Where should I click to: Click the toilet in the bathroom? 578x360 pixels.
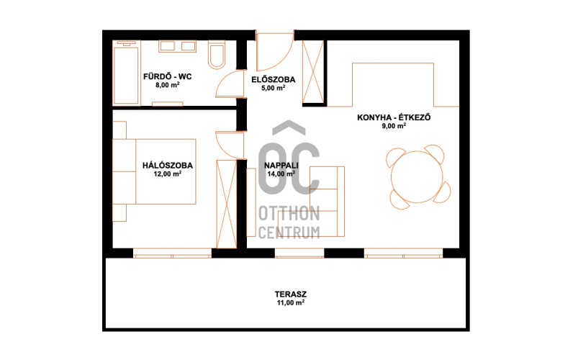click(x=217, y=55)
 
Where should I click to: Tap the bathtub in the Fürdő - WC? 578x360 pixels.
click(x=126, y=73)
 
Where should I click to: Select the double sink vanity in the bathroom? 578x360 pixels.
click(x=177, y=46)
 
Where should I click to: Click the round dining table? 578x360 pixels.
click(x=417, y=176)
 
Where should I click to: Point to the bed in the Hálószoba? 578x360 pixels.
click(x=154, y=171)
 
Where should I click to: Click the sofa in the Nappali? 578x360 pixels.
click(x=328, y=202)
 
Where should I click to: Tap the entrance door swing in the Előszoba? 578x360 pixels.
click(x=274, y=52)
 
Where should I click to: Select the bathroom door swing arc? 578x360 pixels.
click(x=229, y=84)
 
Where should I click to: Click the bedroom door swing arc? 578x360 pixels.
click(x=230, y=145)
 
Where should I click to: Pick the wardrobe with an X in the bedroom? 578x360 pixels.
click(x=226, y=204)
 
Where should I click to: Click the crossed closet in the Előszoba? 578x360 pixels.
click(x=313, y=71)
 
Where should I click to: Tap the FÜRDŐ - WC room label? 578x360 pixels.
click(x=168, y=77)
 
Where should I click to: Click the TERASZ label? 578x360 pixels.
click(x=291, y=294)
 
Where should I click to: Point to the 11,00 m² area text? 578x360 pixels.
click(x=291, y=303)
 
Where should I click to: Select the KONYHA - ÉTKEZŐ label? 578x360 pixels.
click(x=394, y=117)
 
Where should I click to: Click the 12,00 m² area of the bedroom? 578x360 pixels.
click(x=168, y=174)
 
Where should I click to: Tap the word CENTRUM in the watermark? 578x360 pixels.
click(x=289, y=233)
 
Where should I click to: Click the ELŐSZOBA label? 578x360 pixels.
click(x=273, y=80)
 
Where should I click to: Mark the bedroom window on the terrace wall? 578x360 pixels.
click(x=172, y=253)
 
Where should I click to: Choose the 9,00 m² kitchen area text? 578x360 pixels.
click(x=394, y=126)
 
